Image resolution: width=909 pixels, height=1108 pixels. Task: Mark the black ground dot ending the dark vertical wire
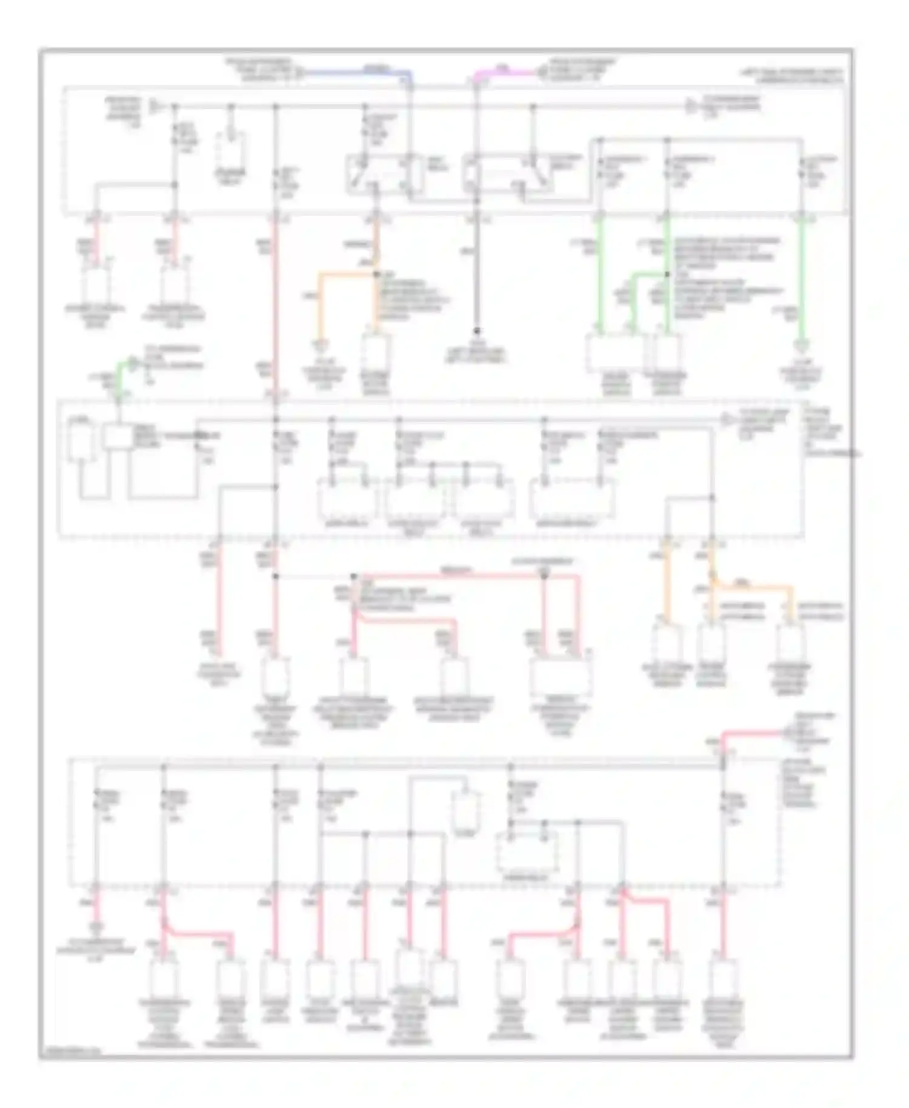point(476,331)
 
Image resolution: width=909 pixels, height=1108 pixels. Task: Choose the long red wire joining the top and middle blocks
point(275,303)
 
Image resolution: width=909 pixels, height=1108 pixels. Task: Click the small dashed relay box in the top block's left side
point(231,149)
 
